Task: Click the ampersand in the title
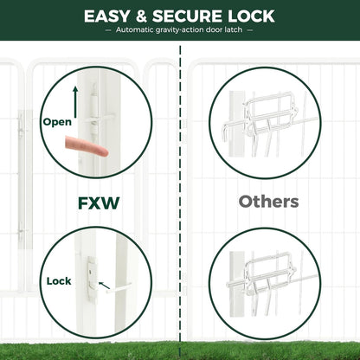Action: tap(144, 16)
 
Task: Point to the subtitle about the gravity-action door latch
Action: tap(179, 30)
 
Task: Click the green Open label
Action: tap(57, 122)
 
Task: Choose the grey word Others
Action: tap(269, 202)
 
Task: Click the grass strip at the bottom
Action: tap(179, 350)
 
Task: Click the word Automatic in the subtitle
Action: tap(135, 30)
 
